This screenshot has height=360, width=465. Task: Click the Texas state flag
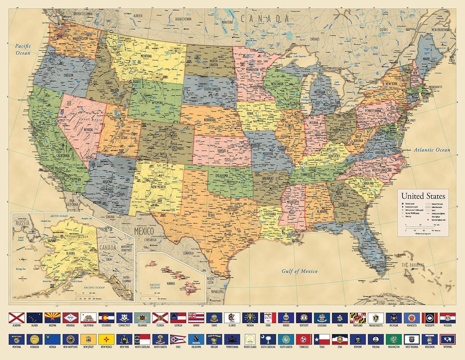(322, 340)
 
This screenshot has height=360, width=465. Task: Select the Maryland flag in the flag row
(358, 318)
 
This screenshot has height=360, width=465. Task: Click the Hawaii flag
(196, 318)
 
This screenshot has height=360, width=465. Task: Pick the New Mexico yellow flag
(106, 340)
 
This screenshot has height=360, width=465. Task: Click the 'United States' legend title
(423, 196)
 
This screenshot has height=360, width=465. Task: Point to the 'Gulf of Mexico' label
(299, 271)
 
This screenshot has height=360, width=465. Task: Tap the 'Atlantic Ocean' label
(432, 150)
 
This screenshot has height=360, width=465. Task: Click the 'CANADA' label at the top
(265, 19)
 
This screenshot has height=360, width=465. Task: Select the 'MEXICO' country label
(144, 231)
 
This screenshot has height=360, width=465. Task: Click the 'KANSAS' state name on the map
(222, 151)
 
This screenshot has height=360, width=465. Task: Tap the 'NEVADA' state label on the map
(88, 129)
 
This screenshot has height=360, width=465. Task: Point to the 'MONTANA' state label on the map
(146, 56)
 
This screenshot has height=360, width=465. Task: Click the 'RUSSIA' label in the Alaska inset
(23, 223)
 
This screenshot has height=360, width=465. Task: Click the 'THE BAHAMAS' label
(413, 265)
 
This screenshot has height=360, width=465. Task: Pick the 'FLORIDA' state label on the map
(359, 229)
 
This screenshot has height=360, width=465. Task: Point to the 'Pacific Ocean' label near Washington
(23, 49)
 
